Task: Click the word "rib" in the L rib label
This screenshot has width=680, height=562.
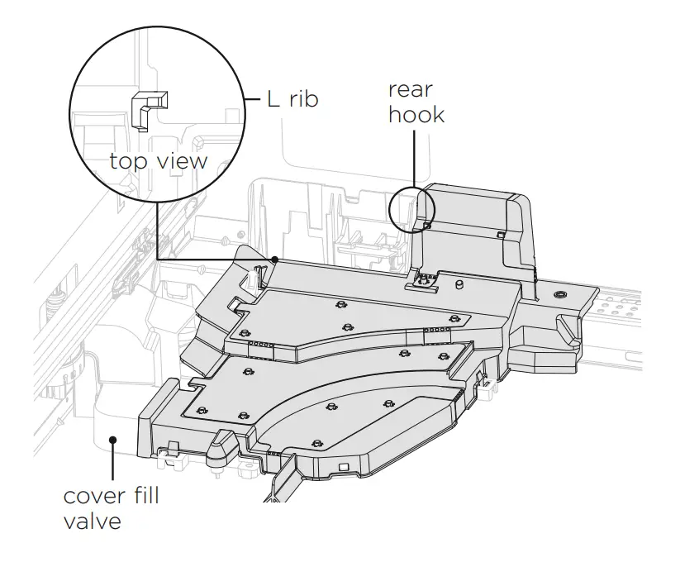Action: [x=301, y=101]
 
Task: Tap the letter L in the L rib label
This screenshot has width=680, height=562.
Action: [x=273, y=101]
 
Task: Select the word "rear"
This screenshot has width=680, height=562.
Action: [x=411, y=90]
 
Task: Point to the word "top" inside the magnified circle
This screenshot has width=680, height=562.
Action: [x=129, y=160]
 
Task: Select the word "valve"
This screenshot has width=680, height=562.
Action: [x=93, y=522]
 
